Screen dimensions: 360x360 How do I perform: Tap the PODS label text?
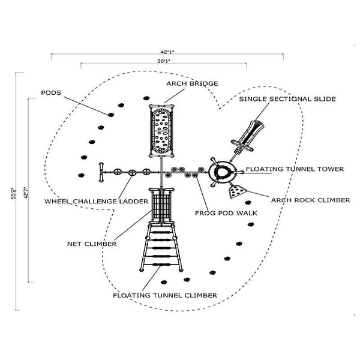(50, 93)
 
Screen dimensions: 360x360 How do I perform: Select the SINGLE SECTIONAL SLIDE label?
(287, 98)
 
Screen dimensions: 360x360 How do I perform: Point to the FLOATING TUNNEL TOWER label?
(295, 169)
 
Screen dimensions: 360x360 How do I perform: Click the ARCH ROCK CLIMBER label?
(310, 200)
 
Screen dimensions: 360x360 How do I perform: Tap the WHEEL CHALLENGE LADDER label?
(95, 202)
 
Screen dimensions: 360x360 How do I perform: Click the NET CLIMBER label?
(92, 244)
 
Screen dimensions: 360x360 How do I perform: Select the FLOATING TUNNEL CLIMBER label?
(166, 295)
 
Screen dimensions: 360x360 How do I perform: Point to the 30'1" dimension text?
(163, 61)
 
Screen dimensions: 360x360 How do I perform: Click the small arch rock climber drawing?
(236, 191)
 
